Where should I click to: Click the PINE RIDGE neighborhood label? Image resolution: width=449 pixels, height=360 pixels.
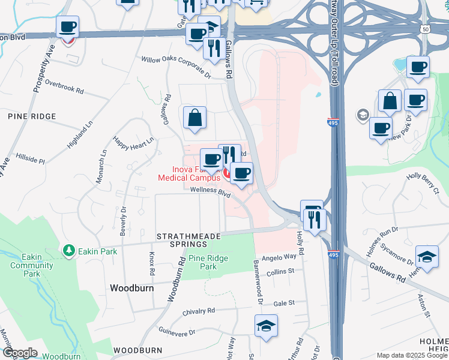[31, 116]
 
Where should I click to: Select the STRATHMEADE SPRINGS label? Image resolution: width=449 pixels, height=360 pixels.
[188, 242]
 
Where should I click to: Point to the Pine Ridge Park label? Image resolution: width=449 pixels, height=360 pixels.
[202, 262]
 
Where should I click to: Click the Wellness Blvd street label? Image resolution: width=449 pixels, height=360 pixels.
[210, 191]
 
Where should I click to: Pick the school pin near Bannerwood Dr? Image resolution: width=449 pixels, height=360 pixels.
[265, 327]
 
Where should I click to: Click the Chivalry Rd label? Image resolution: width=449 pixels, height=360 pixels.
[198, 311]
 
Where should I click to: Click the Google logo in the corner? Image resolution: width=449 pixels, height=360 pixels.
[19, 353]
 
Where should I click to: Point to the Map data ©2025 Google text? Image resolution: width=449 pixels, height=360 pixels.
[411, 355]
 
